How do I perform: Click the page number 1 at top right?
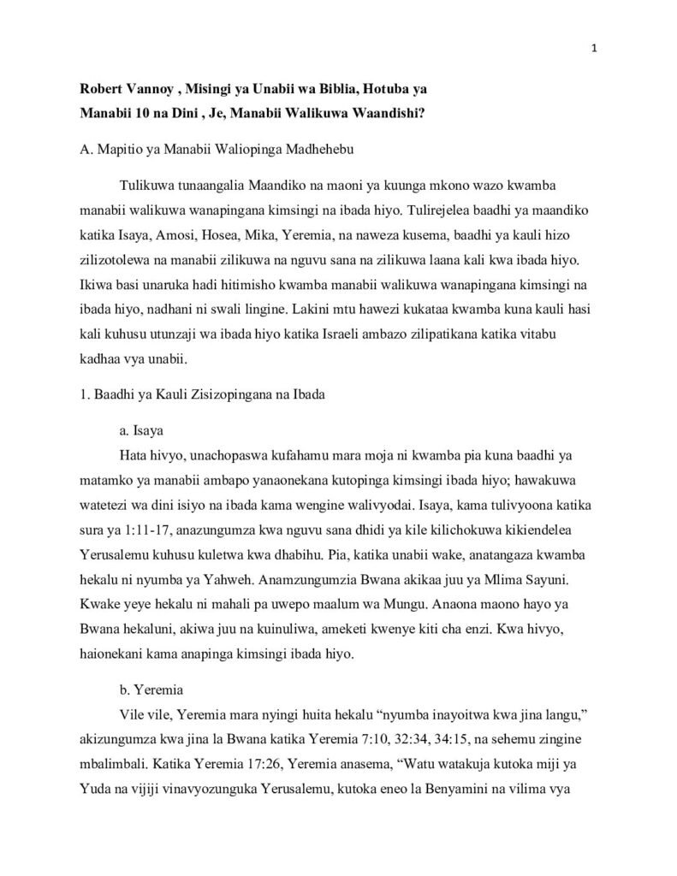point(595,34)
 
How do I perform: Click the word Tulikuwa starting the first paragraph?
point(145,186)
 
